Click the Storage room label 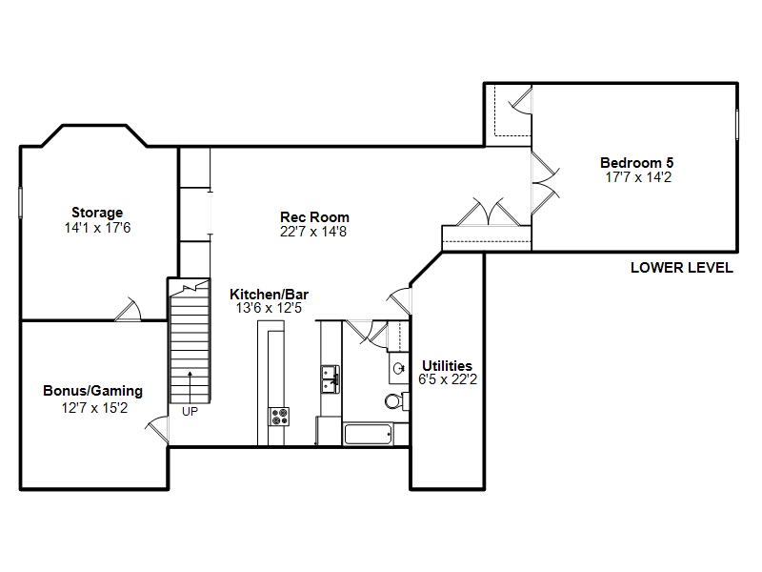[97, 213]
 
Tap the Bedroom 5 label [636, 162]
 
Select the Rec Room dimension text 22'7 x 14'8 [313, 232]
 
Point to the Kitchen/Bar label [269, 295]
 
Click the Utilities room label [447, 366]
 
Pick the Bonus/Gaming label [92, 391]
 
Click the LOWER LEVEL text [682, 268]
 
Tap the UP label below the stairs [190, 412]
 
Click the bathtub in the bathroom [368, 435]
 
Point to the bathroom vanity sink [399, 368]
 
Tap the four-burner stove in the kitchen [279, 417]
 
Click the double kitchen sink [330, 379]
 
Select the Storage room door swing [128, 309]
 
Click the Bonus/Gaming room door [157, 430]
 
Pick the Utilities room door [399, 300]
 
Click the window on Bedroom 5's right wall [737, 125]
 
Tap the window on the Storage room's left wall [20, 202]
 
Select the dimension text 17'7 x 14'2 [638, 177]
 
